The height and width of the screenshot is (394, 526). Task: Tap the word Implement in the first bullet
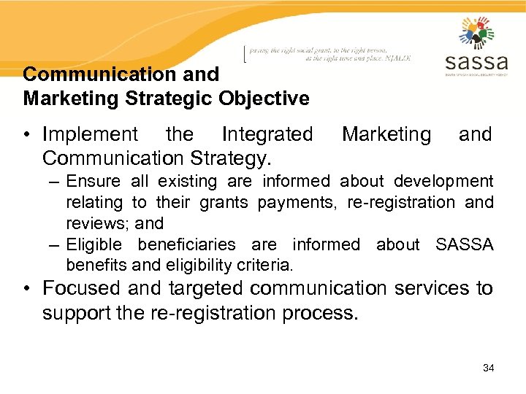click(90, 134)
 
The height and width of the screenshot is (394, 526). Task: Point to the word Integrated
click(267, 134)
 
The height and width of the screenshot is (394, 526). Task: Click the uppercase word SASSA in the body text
click(465, 244)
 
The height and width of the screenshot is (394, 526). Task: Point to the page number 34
click(488, 368)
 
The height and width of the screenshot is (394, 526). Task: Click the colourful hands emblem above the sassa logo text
click(476, 33)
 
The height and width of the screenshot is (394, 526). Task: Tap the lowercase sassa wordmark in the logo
click(476, 61)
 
